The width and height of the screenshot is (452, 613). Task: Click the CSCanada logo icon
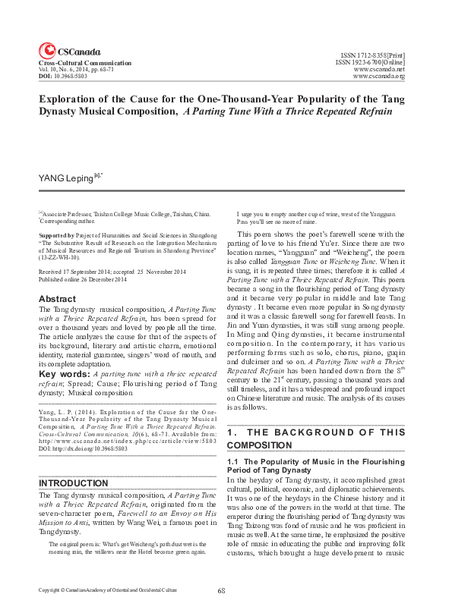[46, 47]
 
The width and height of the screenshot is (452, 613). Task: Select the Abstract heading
[57, 299]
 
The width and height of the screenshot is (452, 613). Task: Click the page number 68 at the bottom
[222, 590]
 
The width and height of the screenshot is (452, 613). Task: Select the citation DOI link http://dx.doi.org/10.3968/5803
[91, 448]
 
